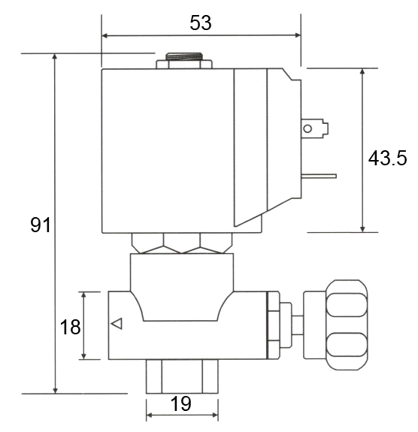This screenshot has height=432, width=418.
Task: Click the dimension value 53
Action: click(x=200, y=23)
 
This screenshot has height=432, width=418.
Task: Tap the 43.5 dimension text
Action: click(x=387, y=158)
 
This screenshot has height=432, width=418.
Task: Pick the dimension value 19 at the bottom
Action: click(x=180, y=403)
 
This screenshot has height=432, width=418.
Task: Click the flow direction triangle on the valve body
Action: click(x=116, y=324)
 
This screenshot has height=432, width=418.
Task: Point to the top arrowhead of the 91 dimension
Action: click(x=55, y=57)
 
